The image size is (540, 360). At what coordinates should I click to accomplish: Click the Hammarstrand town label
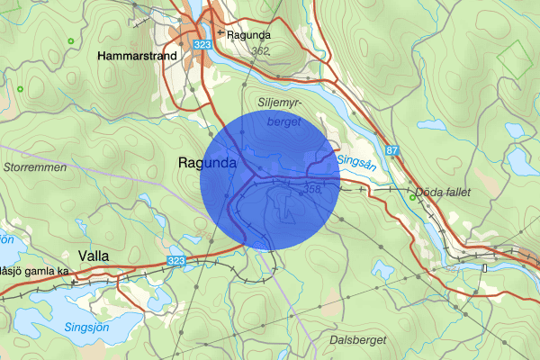(x=139, y=56)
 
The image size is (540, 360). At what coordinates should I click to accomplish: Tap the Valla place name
(x=94, y=256)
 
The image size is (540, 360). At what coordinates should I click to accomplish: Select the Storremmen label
(x=30, y=167)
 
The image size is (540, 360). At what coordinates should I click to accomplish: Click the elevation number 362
(x=262, y=51)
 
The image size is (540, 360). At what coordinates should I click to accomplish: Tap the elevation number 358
(x=312, y=189)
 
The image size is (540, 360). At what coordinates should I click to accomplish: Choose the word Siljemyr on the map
(x=279, y=101)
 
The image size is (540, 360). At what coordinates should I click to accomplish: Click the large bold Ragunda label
(x=207, y=164)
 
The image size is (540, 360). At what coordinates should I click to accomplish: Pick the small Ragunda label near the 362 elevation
(x=249, y=36)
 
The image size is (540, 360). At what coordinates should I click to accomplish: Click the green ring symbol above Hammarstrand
(x=70, y=41)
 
